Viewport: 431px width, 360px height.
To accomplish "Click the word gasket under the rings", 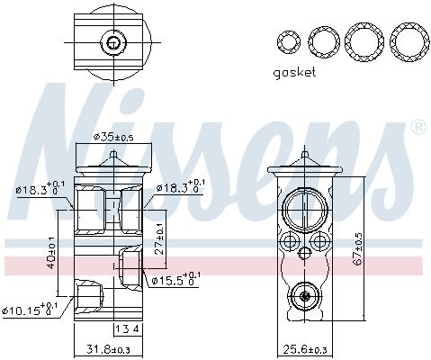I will (x=294, y=74).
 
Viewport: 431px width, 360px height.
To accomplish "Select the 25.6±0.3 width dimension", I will (x=302, y=349).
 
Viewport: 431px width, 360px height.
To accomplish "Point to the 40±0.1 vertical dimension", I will (x=53, y=252).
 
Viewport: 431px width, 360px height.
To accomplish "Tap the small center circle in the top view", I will (x=112, y=41).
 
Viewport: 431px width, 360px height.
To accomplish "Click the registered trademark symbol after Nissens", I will (x=417, y=130).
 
